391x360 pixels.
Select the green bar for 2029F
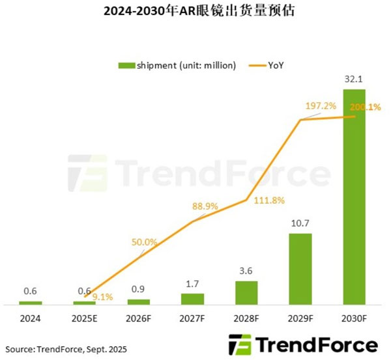(300, 268)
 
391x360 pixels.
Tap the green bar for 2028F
(246, 292)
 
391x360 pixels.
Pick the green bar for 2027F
(192, 299)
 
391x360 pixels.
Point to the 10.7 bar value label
(300, 223)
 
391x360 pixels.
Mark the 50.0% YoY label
(144, 242)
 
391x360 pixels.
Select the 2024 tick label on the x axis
(30, 318)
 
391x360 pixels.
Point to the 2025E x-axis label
(84, 318)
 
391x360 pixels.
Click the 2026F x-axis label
(138, 318)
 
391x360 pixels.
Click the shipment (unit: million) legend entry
(176, 64)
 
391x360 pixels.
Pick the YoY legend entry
(268, 64)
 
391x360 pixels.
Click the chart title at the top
(195, 12)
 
